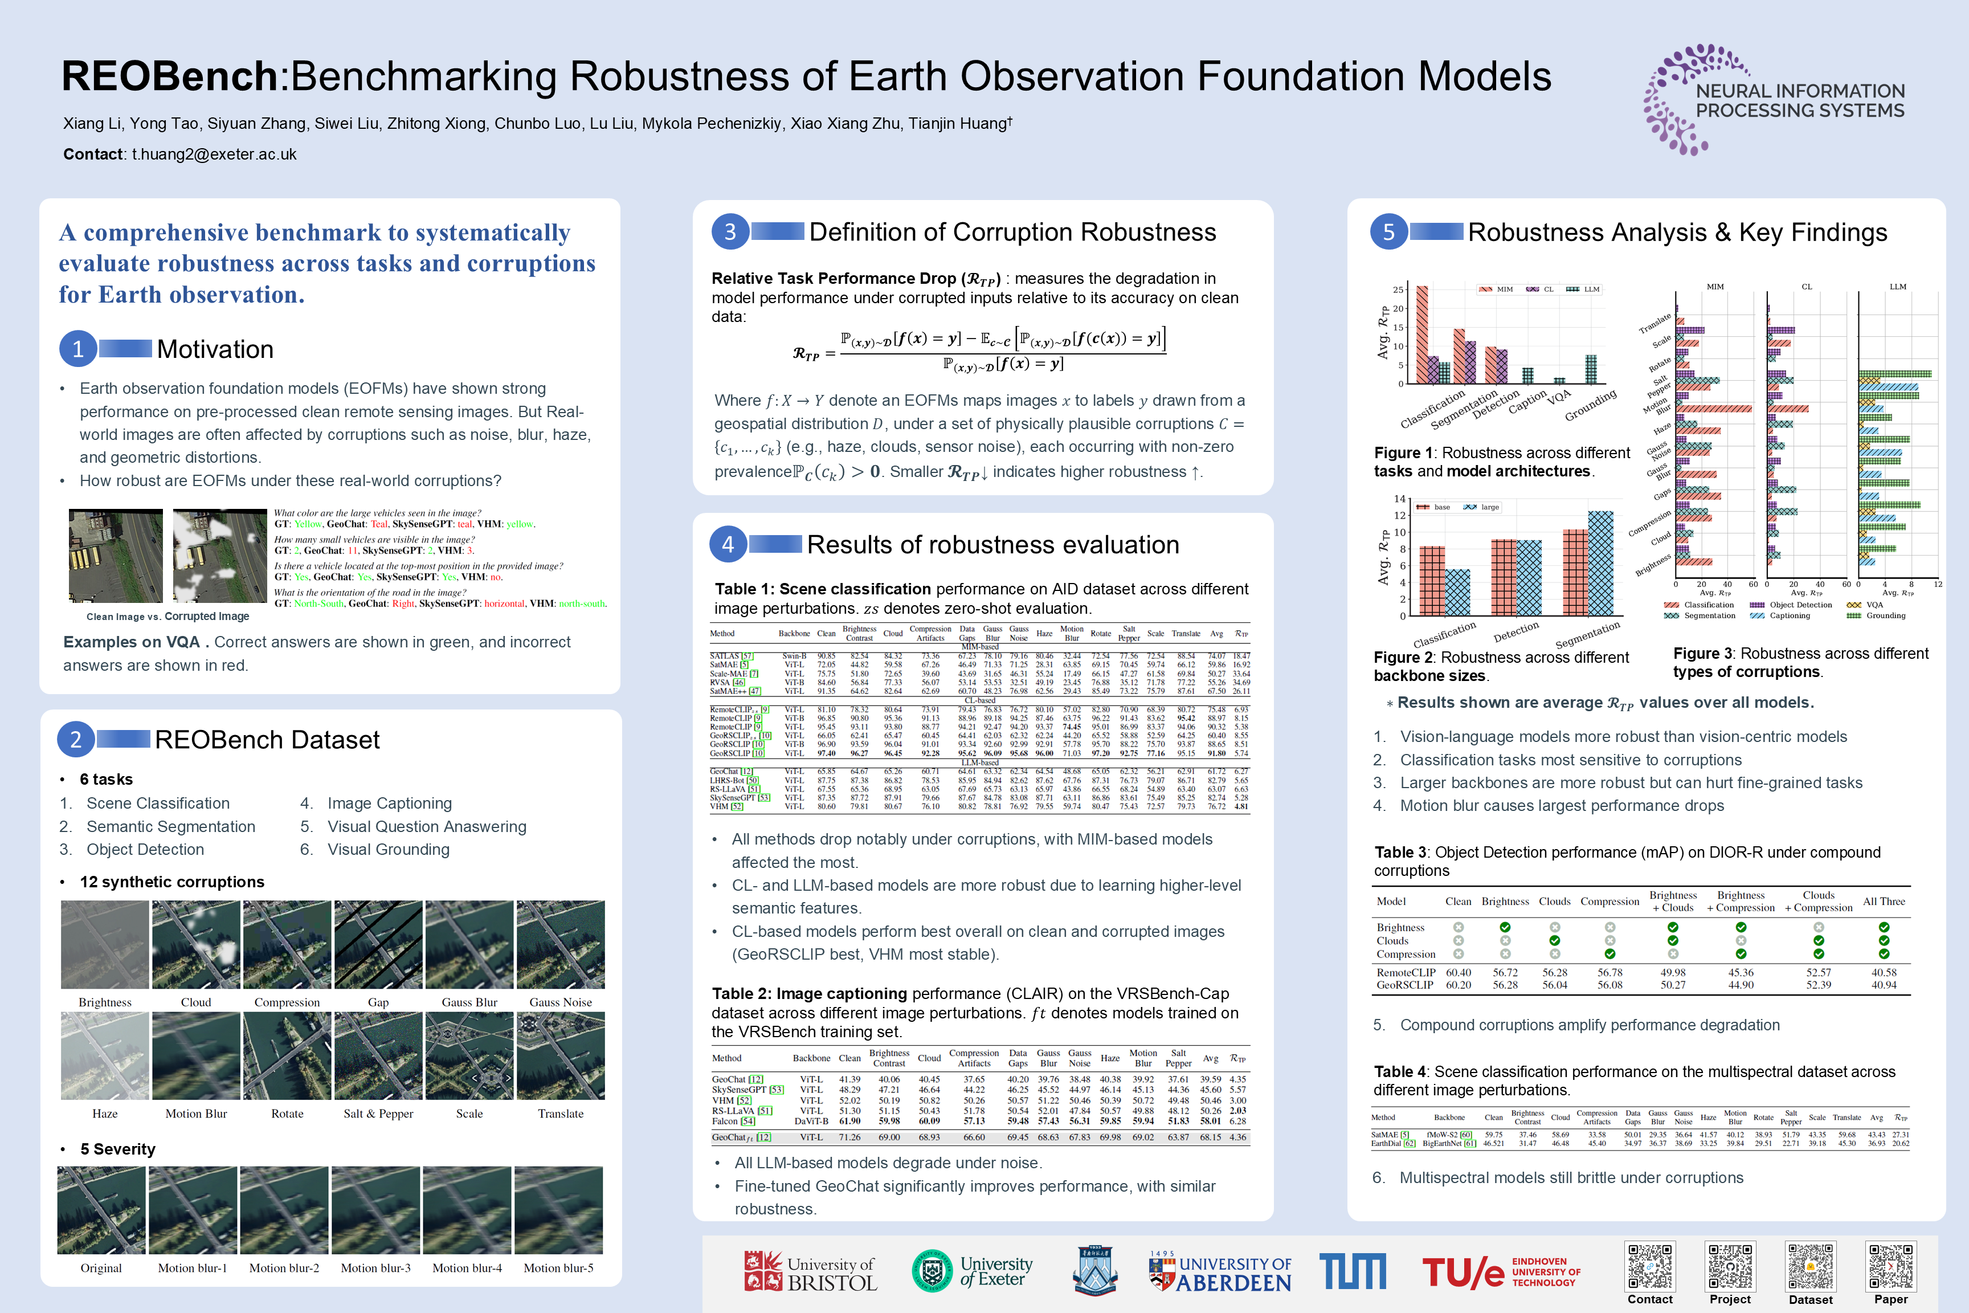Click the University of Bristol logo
tap(810, 1272)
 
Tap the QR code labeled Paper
tap(1890, 1266)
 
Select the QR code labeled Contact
tap(1650, 1266)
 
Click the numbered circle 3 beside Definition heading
tap(730, 232)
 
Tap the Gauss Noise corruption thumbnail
tap(560, 944)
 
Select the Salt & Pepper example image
tap(378, 1056)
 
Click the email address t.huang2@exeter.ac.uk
tap(214, 154)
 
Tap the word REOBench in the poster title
tap(170, 76)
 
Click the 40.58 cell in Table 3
tap(1884, 972)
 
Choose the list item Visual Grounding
tap(389, 850)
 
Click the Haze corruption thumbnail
tap(105, 1056)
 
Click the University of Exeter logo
tap(973, 1271)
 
